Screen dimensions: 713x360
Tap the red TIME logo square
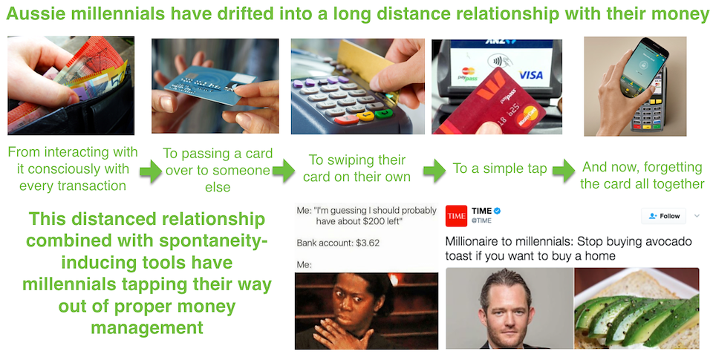[457, 216]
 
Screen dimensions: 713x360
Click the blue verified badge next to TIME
[498, 211]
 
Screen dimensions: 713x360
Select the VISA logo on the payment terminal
[530, 74]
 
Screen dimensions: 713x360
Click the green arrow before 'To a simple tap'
[434, 171]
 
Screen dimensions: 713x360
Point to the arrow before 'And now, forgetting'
[564, 171]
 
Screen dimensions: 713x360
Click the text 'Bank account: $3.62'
[338, 243]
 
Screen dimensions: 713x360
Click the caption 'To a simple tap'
[500, 168]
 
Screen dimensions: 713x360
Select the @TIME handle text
[481, 220]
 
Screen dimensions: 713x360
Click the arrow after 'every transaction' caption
[151, 171]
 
